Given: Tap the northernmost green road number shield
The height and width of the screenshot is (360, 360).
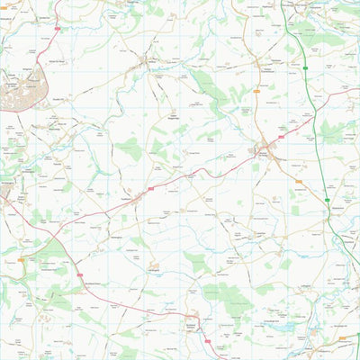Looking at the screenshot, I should (305, 67).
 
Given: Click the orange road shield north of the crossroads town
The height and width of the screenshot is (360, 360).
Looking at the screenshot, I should (257, 92).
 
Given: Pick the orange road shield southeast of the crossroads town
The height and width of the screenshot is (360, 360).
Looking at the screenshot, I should (298, 181).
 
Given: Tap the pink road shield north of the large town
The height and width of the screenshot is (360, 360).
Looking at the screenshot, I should (58, 30).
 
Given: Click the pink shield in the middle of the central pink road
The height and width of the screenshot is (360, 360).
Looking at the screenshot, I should (150, 188).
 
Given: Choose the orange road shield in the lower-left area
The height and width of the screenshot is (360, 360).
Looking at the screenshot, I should (21, 258).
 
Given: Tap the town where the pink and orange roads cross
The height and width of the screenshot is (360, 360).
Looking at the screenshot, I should (262, 151).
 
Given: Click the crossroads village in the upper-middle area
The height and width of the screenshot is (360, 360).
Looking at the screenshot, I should (145, 64).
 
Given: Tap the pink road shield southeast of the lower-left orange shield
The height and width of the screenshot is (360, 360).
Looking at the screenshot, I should (80, 275).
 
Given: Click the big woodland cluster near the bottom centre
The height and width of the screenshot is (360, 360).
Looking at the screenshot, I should (220, 292).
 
